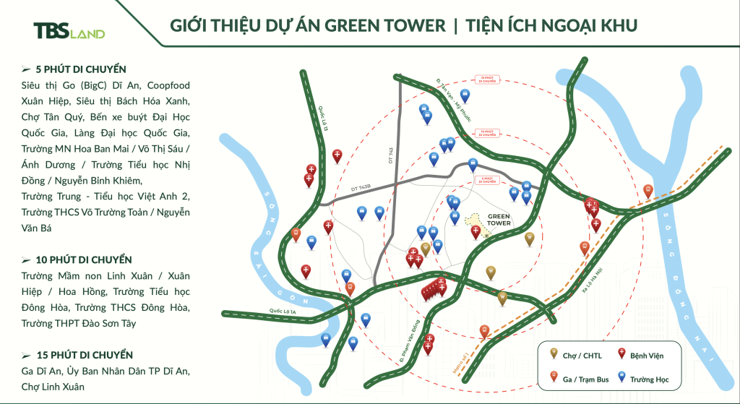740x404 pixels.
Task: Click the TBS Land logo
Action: tap(69, 30)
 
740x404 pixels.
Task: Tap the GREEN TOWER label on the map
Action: tap(499, 219)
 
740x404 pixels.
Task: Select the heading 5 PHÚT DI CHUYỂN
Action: tap(79, 69)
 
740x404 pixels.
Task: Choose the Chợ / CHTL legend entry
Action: tap(578, 356)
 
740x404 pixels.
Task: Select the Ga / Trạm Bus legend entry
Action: tap(578, 377)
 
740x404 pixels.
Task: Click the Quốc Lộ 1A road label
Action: tap(285, 312)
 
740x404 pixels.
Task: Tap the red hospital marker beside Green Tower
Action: tap(476, 233)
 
